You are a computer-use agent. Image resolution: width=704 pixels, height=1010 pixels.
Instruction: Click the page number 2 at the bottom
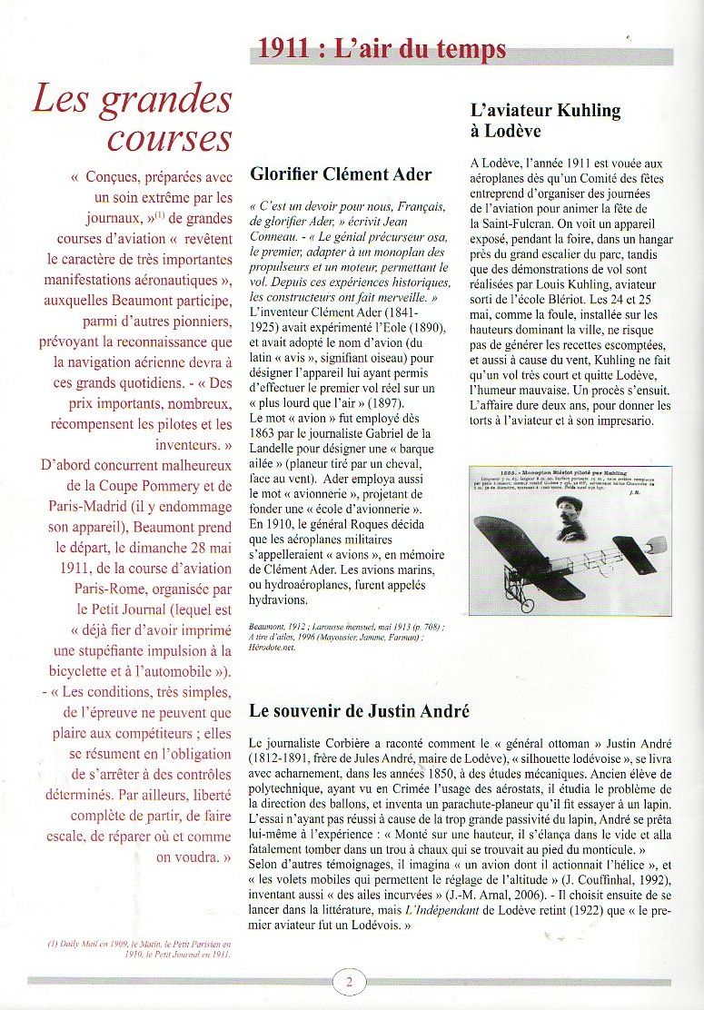tap(349, 981)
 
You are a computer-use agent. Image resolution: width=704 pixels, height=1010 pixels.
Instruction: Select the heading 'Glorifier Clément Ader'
tap(341, 174)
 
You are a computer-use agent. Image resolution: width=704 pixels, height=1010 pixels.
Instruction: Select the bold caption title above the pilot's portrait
tap(570, 474)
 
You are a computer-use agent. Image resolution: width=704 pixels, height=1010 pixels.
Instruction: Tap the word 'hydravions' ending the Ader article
tap(280, 599)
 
